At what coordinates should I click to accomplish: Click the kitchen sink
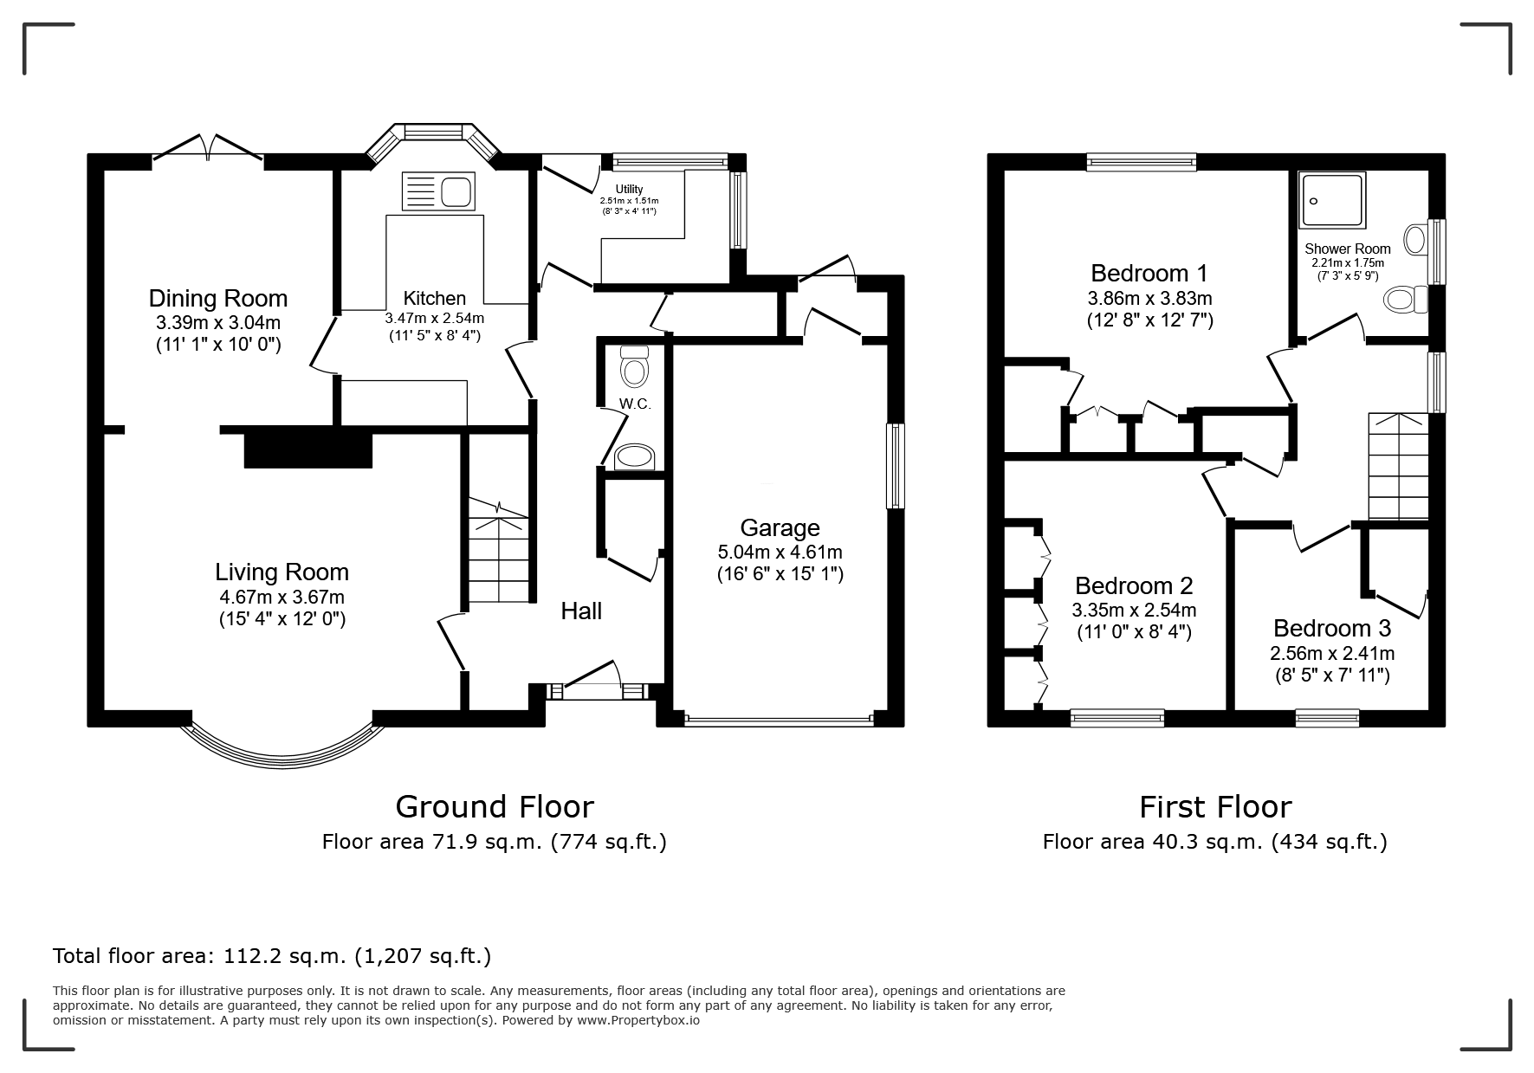click(438, 191)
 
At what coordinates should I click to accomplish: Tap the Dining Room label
click(218, 299)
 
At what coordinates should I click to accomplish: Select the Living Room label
click(282, 572)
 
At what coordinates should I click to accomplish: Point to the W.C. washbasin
click(636, 457)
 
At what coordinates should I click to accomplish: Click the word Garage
click(780, 528)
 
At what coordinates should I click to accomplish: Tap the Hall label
click(581, 611)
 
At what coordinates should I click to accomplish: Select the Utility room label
click(630, 190)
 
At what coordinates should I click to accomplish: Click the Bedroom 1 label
click(1149, 274)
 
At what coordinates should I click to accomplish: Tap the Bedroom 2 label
click(1134, 585)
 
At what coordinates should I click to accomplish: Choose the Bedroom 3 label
click(1332, 628)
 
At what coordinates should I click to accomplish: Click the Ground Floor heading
click(495, 807)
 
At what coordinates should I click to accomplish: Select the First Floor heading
click(1215, 807)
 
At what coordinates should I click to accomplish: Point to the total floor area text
click(272, 956)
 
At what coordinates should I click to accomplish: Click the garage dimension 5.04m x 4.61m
click(780, 553)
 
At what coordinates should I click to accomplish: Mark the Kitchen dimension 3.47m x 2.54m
click(435, 318)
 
